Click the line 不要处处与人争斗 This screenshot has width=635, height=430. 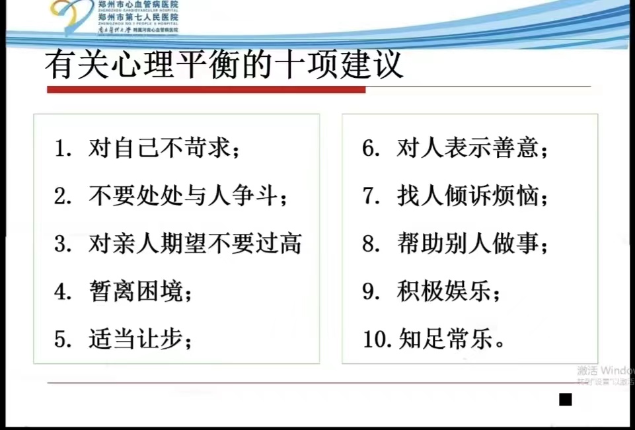click(x=188, y=196)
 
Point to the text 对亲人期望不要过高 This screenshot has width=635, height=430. click(x=195, y=244)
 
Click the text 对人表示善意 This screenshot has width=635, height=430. click(x=472, y=149)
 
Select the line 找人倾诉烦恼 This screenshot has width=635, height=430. click(x=472, y=196)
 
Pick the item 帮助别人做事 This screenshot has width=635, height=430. click(x=472, y=244)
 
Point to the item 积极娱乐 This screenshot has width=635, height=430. click(x=449, y=291)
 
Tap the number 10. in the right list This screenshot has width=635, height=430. click(x=379, y=340)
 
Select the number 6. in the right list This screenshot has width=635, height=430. click(x=371, y=149)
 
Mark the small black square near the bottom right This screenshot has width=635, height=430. click(x=565, y=399)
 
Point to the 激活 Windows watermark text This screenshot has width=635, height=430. click(x=605, y=371)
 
